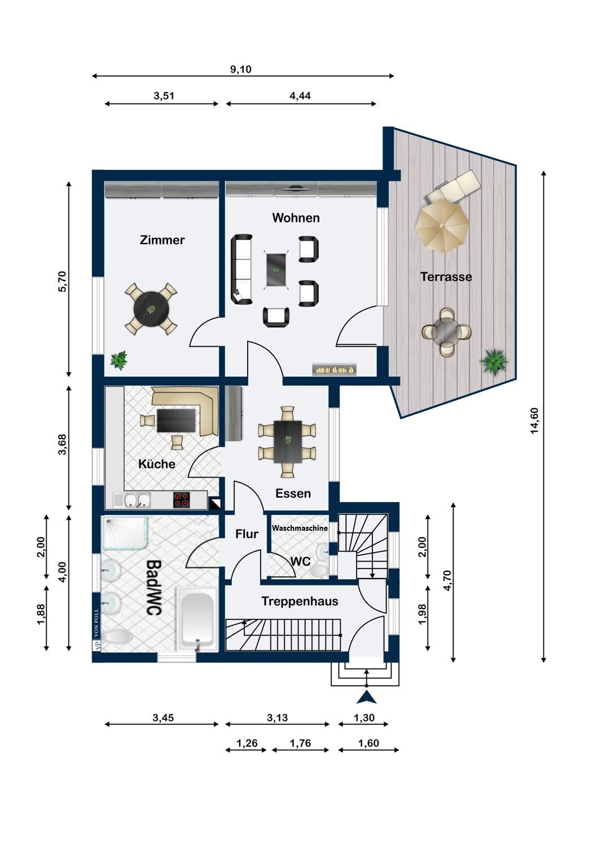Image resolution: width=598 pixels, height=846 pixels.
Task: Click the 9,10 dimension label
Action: (241, 69)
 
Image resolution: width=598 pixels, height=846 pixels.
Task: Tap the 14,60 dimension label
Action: (534, 421)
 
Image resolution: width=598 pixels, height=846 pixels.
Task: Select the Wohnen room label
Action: (296, 218)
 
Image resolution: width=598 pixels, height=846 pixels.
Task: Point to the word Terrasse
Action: (446, 277)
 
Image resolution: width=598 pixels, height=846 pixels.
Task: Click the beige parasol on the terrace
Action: (442, 226)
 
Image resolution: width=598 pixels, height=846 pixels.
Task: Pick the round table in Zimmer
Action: (151, 309)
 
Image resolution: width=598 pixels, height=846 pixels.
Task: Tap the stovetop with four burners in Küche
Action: (181, 500)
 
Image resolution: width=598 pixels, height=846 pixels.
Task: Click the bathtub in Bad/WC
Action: (196, 619)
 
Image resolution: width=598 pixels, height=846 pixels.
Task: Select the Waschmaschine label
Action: (300, 528)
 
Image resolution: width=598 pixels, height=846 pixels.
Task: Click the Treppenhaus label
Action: (300, 601)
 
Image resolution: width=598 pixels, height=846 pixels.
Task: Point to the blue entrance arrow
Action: (367, 697)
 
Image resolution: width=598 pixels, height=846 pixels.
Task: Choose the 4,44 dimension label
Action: (300, 96)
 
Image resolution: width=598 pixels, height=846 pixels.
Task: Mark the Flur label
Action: (247, 534)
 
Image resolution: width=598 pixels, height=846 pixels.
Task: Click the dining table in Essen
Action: (288, 442)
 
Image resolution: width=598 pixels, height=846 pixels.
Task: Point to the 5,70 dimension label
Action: (62, 281)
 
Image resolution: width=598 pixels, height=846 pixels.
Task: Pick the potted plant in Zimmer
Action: (118, 360)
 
